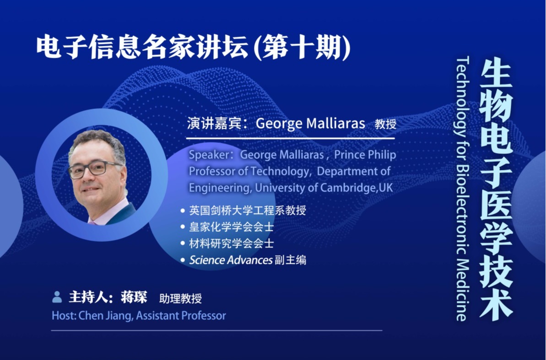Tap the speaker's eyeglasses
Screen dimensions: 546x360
point(95,169)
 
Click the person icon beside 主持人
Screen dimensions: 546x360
point(57,297)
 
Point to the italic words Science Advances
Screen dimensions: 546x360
point(231,260)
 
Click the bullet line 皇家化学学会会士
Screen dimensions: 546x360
point(231,227)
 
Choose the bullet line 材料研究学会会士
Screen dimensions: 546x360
point(231,243)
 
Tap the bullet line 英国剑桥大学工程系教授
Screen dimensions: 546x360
point(247,210)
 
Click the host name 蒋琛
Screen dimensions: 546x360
point(134,297)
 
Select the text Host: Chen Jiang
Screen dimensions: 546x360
point(92,316)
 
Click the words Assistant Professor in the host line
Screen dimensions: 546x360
point(181,316)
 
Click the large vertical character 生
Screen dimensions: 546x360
point(496,74)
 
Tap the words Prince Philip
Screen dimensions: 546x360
point(365,155)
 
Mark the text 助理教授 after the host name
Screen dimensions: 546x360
point(180,298)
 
